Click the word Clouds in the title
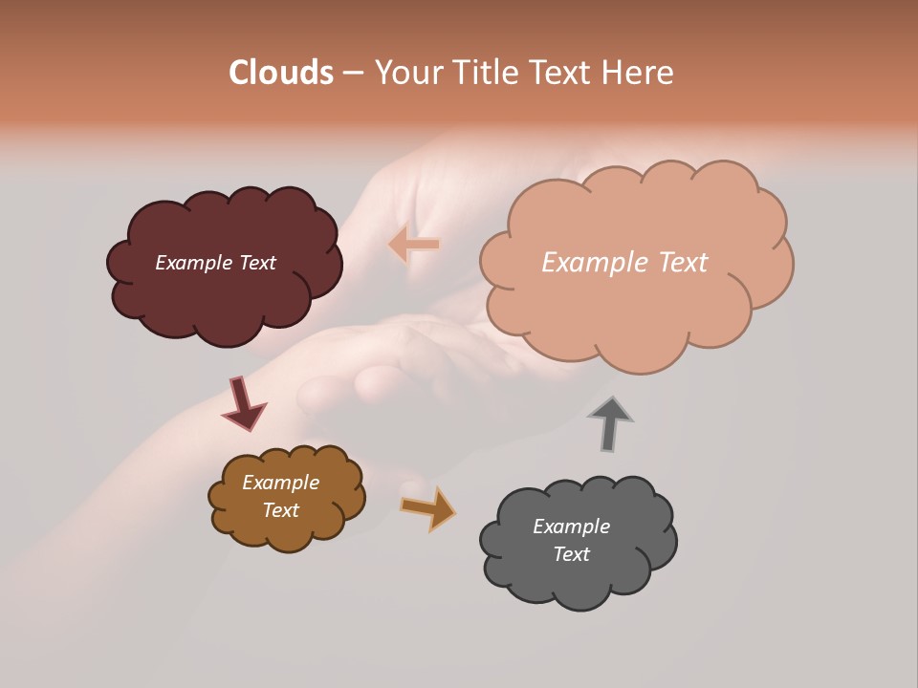281,73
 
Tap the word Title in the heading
484,73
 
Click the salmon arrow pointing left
414,244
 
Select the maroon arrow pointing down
243,404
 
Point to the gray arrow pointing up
610,422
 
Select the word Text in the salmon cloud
677,263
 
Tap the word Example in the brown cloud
280,483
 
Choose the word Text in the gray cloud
571,554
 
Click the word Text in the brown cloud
280,510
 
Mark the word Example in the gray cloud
571,527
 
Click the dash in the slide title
353,73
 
